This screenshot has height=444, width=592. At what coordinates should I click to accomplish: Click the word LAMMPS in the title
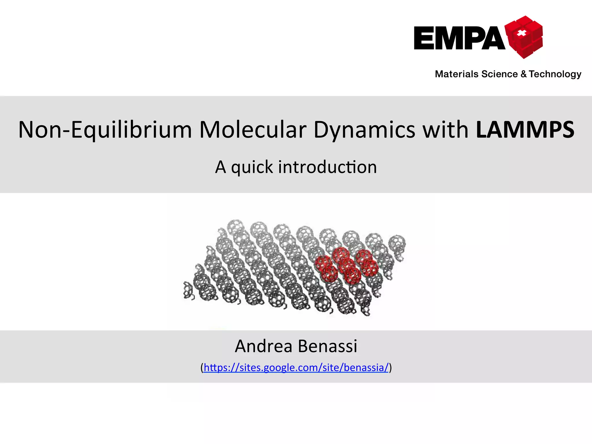(x=525, y=130)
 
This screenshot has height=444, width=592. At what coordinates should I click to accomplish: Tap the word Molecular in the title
(x=253, y=130)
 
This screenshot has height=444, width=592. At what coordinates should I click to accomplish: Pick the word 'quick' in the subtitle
(x=252, y=167)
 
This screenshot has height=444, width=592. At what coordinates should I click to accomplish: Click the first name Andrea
(x=263, y=346)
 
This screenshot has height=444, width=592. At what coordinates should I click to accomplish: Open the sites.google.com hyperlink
(x=296, y=368)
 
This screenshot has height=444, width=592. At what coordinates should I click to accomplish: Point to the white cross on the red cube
(x=521, y=33)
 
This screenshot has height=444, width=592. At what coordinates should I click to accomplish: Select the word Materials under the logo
(x=457, y=74)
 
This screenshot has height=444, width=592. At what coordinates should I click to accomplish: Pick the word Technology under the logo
(x=555, y=74)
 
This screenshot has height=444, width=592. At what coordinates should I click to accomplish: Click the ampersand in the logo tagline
(x=524, y=74)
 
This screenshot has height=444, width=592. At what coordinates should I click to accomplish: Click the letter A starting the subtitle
(x=220, y=167)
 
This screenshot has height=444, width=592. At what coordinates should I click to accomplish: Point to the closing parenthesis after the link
(x=390, y=368)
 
